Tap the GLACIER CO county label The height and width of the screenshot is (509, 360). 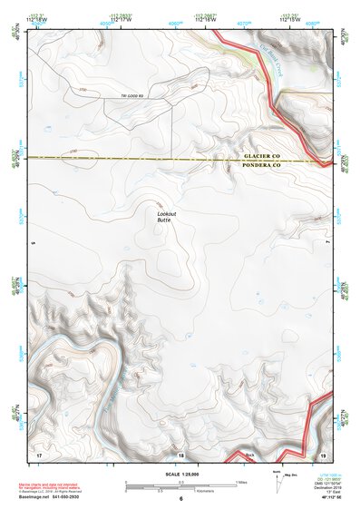point(264,157)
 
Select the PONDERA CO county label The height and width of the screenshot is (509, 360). point(264,166)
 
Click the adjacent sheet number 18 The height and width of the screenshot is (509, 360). point(180,453)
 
